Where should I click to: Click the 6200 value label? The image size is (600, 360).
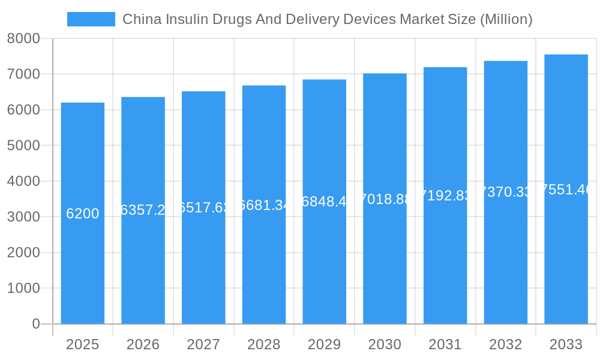(x=83, y=214)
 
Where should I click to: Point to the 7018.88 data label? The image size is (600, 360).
(x=385, y=199)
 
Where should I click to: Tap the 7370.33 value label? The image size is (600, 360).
(x=506, y=192)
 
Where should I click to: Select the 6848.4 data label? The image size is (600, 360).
(x=325, y=202)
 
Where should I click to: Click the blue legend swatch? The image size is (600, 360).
(x=91, y=19)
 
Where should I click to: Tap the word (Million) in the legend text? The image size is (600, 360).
(x=506, y=19)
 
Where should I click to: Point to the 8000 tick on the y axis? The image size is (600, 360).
(x=23, y=38)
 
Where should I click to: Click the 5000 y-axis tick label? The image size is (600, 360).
(x=23, y=146)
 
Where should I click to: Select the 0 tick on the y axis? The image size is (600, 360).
(x=35, y=324)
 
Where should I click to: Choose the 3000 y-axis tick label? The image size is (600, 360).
(x=23, y=217)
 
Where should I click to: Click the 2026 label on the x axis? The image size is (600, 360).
(x=143, y=344)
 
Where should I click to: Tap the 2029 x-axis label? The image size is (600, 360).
(x=325, y=344)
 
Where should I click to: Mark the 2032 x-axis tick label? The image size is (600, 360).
(x=506, y=344)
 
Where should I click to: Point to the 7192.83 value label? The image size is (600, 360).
(x=445, y=196)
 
